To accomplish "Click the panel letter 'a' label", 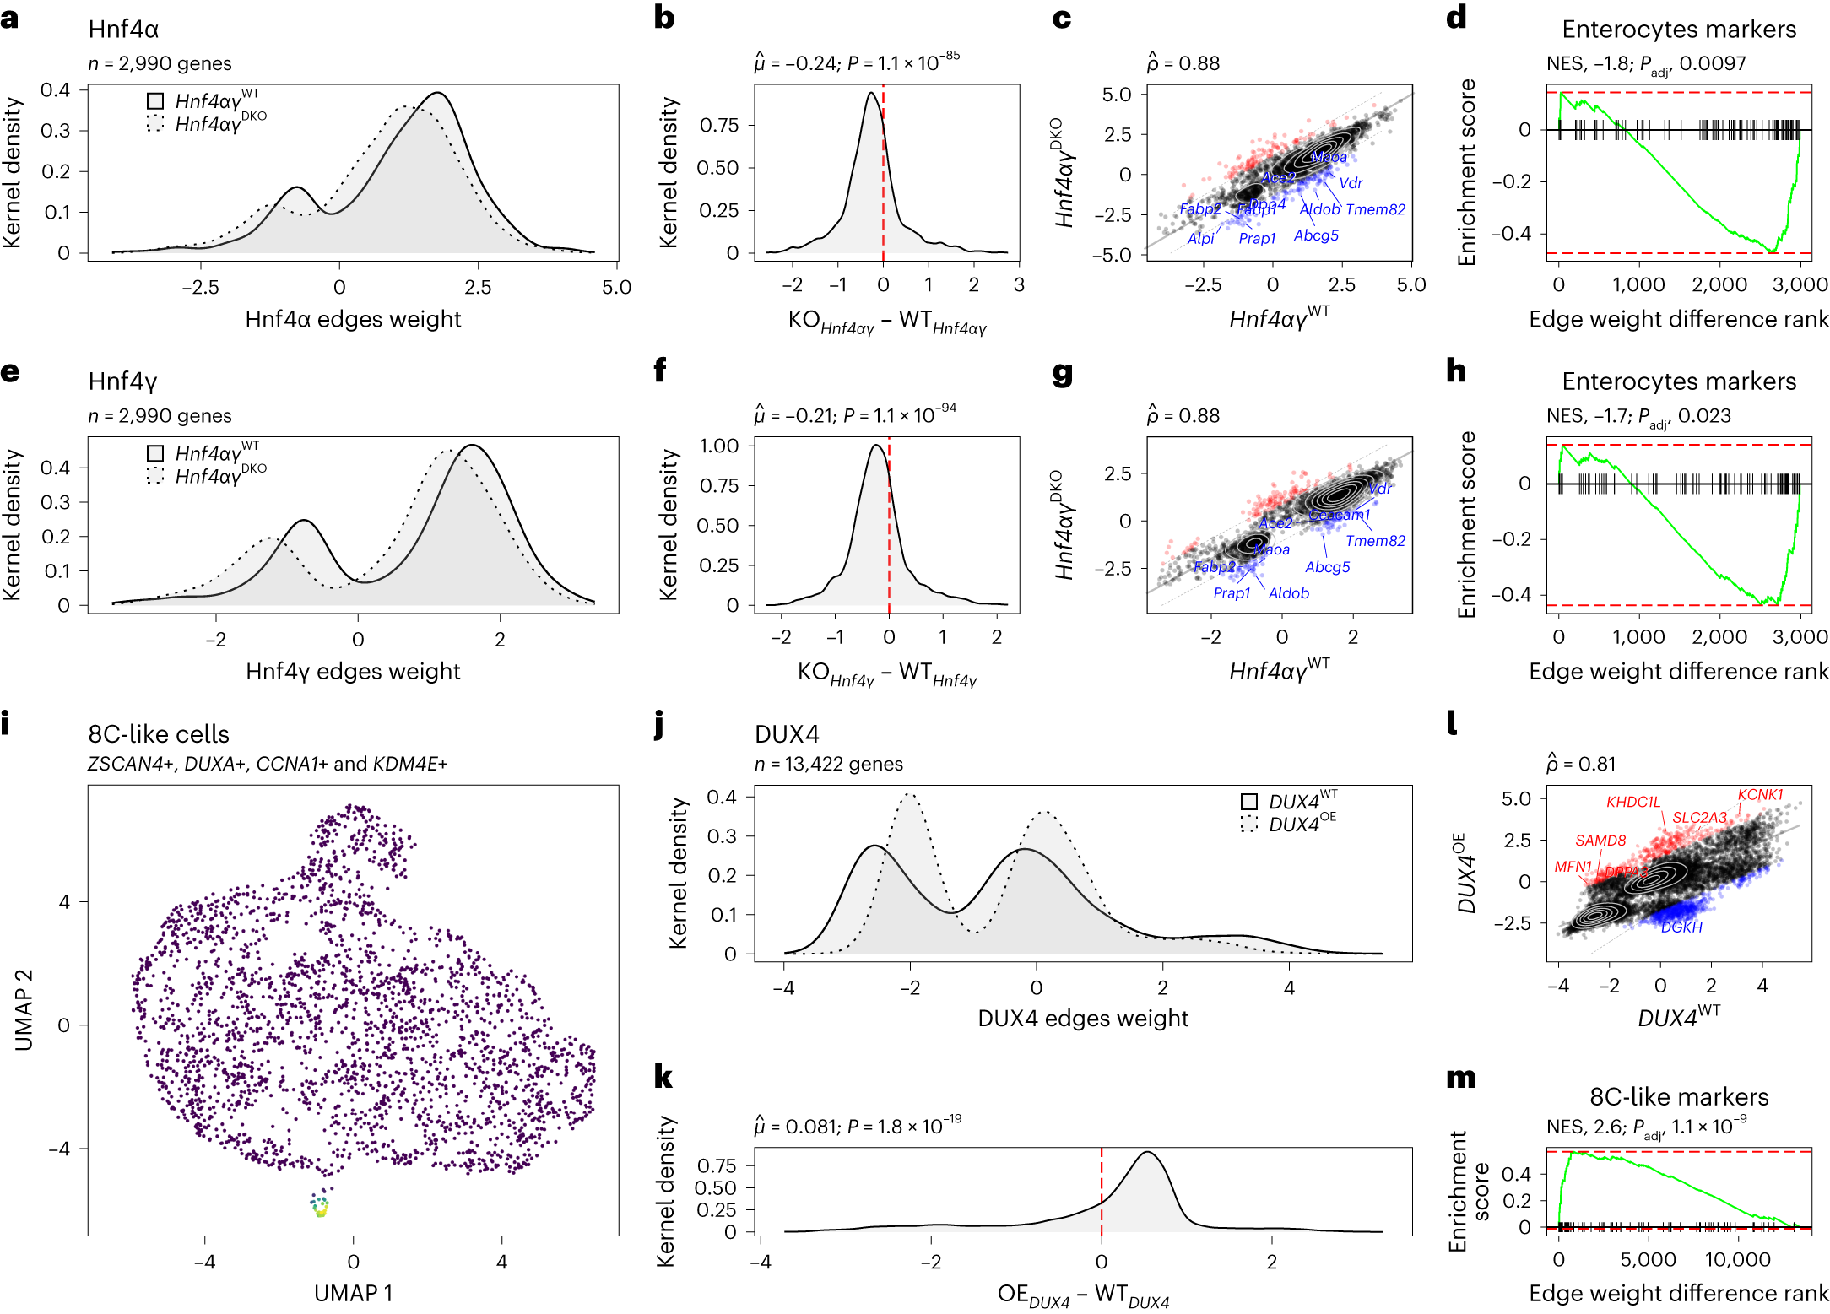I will coord(10,18).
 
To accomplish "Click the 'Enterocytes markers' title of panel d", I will coord(1678,30).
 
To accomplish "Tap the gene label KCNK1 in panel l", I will coord(1760,795).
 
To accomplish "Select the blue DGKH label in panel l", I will coord(1681,927).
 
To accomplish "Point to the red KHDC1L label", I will coord(1632,802).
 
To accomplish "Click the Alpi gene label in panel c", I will coord(1200,239).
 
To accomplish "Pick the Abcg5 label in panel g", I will coord(1327,567).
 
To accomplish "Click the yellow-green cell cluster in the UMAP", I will coord(320,1209).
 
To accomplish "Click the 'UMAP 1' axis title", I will coord(353,1293).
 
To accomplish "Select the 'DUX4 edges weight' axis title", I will coord(1082,1019).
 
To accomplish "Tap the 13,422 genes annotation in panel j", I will coord(828,764).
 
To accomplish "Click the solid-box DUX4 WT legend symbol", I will coord(1249,802).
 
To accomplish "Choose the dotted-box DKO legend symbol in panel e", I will coord(155,476).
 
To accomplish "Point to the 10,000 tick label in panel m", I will coord(1737,1260).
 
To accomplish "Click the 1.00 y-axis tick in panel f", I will coord(718,446).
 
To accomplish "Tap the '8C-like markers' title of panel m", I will coord(1678,1097).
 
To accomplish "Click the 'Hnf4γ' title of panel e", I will coord(123,381).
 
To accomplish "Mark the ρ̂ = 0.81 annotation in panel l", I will coord(1580,764).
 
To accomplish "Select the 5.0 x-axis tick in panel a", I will coord(616,287).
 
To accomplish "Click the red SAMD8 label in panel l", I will coord(1600,841).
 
